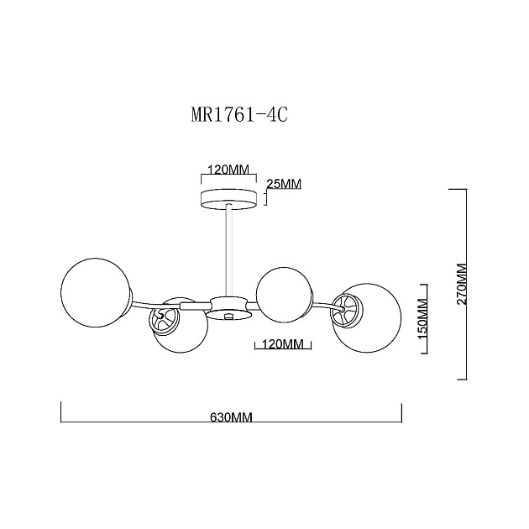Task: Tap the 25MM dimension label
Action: pos(283,184)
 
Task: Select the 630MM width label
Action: pos(231,417)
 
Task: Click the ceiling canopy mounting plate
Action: pos(229,200)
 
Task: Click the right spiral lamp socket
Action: pos(346,307)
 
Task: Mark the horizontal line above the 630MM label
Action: pos(231,405)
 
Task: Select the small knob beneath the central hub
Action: pos(229,316)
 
